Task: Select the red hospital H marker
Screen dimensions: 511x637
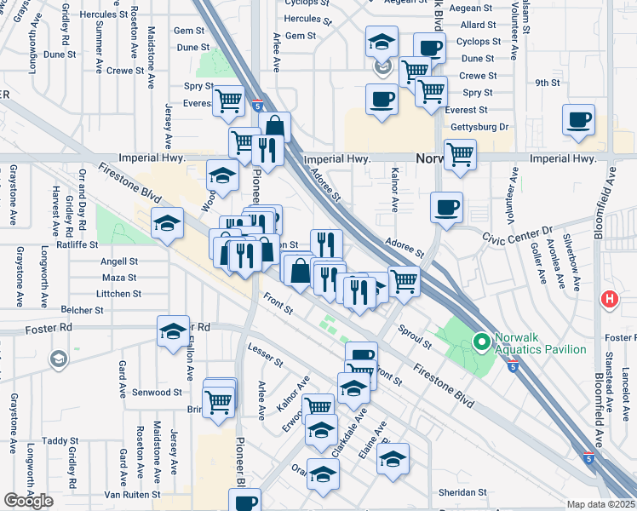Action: click(x=610, y=300)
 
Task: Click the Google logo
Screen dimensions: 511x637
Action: click(x=28, y=501)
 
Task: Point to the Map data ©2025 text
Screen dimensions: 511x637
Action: click(x=601, y=504)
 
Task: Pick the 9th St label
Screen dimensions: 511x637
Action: click(x=547, y=83)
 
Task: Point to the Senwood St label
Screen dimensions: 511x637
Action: click(x=158, y=393)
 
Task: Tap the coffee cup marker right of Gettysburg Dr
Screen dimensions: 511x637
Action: click(x=578, y=120)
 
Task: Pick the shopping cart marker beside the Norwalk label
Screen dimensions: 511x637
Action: click(x=460, y=155)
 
